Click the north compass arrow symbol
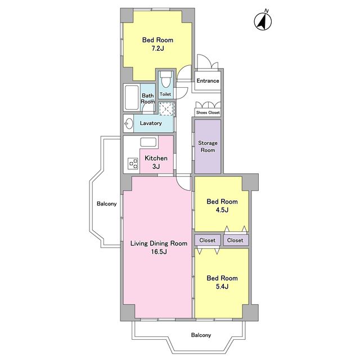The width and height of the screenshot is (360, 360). pos(263,21)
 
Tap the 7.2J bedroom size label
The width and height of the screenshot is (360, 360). pos(157,48)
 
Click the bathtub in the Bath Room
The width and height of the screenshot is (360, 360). pos(132,97)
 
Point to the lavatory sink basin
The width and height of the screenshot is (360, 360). pos(129,123)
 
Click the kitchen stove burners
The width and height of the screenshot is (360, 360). pos(133,164)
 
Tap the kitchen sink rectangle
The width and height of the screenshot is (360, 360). pos(148,142)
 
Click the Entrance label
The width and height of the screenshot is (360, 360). pos(208,81)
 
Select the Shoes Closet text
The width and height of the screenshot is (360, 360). pos(208,112)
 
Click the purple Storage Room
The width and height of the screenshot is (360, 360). pos(208,146)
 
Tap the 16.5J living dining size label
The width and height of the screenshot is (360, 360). pos(159,251)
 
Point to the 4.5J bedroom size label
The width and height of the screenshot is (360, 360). pos(222,210)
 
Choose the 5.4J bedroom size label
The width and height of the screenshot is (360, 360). pos(222,286)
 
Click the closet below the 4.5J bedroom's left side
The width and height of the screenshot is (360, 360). pos(208,240)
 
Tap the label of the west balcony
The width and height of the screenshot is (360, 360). pos(106,204)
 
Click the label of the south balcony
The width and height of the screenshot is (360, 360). pos(201,335)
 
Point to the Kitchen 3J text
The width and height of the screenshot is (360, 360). pos(156,162)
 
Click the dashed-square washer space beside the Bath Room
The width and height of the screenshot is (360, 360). pos(166,109)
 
